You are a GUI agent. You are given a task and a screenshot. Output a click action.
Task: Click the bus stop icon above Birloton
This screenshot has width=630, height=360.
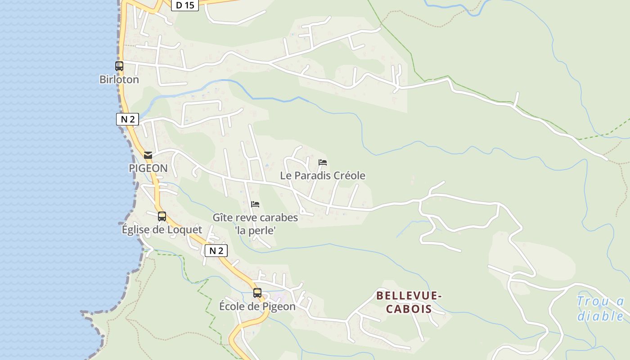pos(119,66)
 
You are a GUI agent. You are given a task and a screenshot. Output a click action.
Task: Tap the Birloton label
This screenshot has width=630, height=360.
pos(119,80)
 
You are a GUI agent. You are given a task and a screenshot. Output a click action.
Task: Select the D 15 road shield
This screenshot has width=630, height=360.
pos(184,5)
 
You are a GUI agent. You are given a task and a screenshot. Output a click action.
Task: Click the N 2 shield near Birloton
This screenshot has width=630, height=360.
pos(127,119)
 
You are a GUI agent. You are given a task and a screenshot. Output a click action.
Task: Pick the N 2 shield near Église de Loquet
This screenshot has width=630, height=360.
pos(216,251)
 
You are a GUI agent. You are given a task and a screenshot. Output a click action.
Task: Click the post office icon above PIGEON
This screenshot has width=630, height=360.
pos(148,155)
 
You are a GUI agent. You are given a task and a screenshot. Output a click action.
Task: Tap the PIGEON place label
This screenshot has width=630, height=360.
pos(148,168)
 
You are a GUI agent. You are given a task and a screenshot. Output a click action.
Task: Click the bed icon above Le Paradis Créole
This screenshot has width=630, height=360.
pos(322,162)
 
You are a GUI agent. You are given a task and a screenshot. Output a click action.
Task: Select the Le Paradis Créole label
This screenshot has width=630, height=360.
pos(323,175)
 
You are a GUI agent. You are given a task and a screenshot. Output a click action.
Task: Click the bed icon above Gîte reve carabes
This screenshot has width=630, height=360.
pos(255,204)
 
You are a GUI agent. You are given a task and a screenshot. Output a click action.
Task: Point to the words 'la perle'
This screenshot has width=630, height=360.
pos(255,230)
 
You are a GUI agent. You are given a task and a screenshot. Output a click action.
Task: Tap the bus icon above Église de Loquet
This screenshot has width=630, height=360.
pos(162,216)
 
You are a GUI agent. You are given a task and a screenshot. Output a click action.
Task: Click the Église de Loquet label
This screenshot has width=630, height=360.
pos(162,229)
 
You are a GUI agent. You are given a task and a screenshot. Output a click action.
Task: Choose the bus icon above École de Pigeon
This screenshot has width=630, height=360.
pos(257,293)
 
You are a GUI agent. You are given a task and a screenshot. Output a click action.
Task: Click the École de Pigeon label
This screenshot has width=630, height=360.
pos(257,306)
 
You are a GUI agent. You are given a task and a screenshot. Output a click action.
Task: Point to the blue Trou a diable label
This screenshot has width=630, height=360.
pos(600,308)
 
